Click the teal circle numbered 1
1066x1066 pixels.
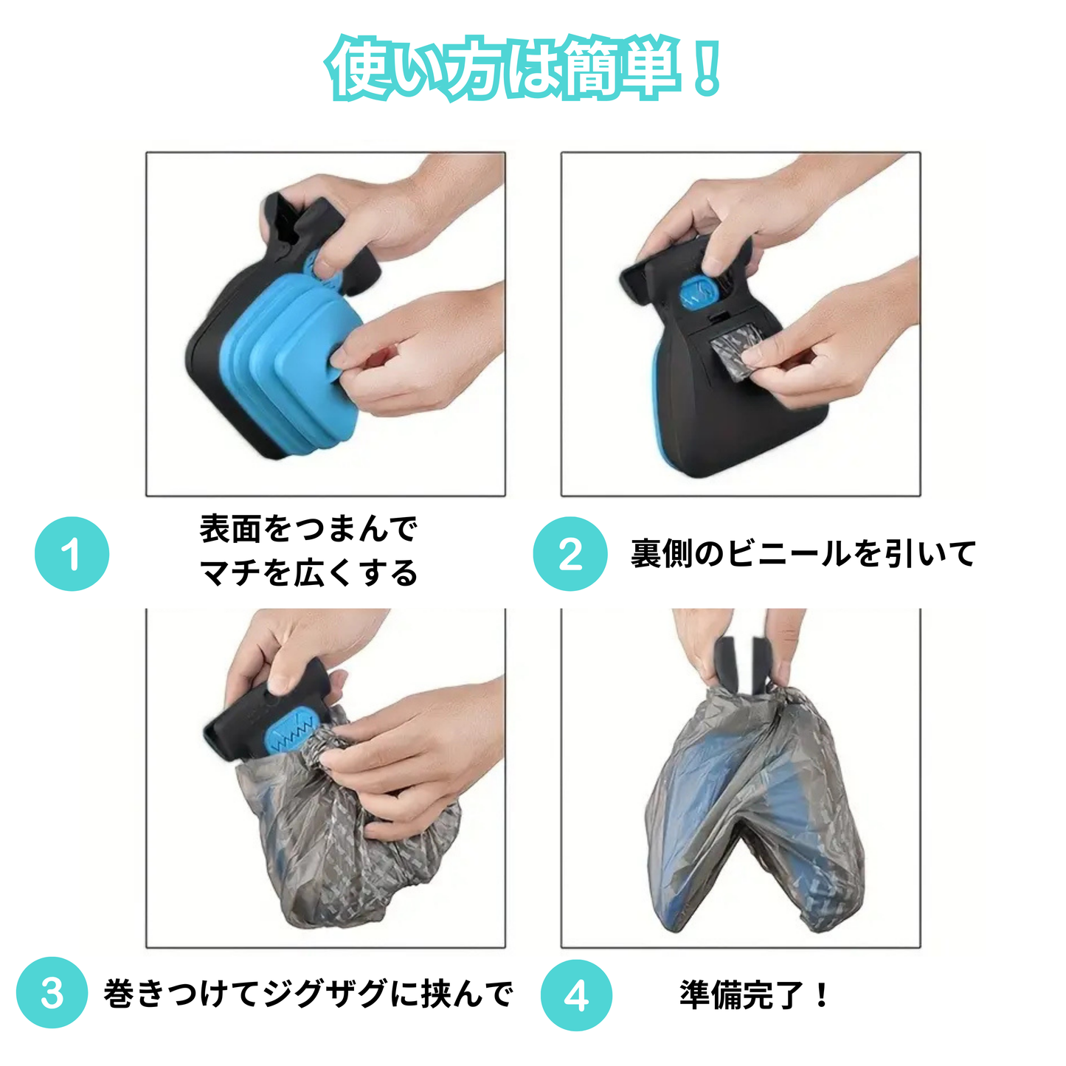(72, 554)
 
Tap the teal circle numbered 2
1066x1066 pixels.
(570, 554)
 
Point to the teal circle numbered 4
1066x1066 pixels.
(576, 995)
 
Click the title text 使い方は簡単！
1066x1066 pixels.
(523, 68)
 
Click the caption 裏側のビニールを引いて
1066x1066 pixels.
(803, 554)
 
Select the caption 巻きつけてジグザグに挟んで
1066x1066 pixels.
(308, 994)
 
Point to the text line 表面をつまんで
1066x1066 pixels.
(308, 529)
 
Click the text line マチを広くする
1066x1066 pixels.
(308, 573)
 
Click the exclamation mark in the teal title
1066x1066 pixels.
(707, 69)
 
